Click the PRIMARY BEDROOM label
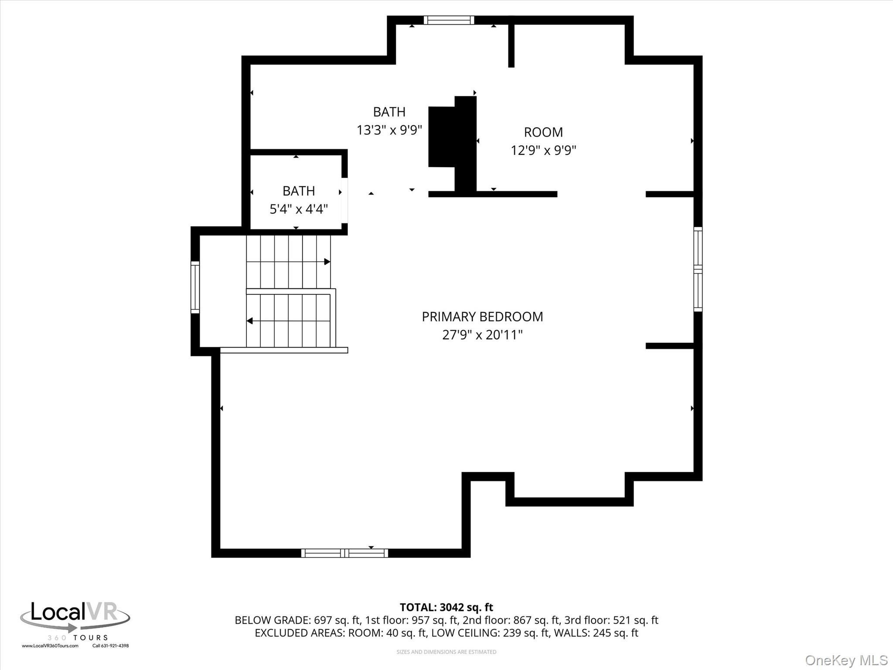pyautogui.click(x=482, y=317)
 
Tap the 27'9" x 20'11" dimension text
pyautogui.click(x=482, y=335)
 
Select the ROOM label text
pyautogui.click(x=543, y=132)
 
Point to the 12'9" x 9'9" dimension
pyautogui.click(x=543, y=150)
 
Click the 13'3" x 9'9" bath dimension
pyautogui.click(x=389, y=130)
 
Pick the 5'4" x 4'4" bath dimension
pyautogui.click(x=299, y=209)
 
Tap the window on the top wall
pyautogui.click(x=449, y=20)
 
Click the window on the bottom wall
pyautogui.click(x=344, y=553)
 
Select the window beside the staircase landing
pyautogui.click(x=195, y=287)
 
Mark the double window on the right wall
pyautogui.click(x=698, y=269)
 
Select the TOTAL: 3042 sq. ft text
pyautogui.click(x=446, y=607)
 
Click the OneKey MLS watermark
pyautogui.click(x=846, y=660)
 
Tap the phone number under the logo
pyautogui.click(x=111, y=646)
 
